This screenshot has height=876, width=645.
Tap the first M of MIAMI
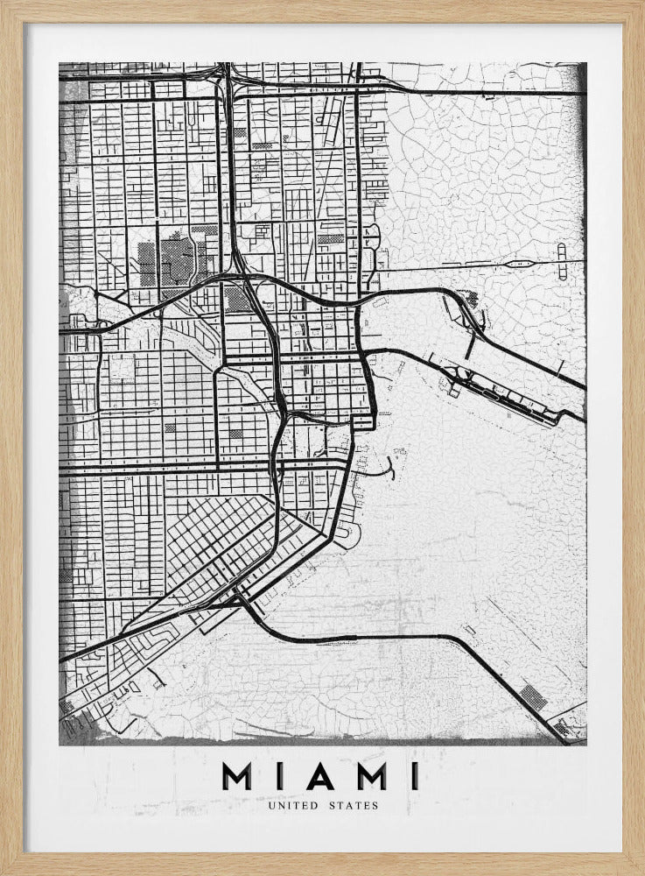click(238, 776)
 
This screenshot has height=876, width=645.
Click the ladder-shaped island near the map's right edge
click(561, 254)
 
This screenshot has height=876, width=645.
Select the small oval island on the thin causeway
click(526, 260)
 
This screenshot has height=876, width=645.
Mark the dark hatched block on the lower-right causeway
click(530, 697)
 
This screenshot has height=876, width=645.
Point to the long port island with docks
click(503, 395)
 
